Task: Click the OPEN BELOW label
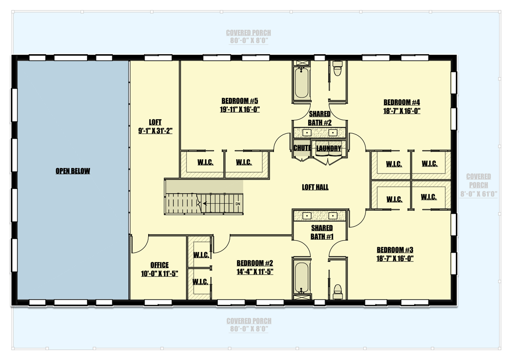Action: tap(73, 171)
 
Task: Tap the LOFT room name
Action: tap(155, 122)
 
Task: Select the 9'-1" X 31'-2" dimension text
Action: tap(155, 131)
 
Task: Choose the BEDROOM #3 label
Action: tap(395, 250)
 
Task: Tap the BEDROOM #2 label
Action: tap(255, 263)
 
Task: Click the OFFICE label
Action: tap(160, 265)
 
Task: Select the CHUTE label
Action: tap(302, 148)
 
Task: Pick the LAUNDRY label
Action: tap(329, 148)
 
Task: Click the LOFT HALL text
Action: tap(315, 187)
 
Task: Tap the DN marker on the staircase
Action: tap(238, 204)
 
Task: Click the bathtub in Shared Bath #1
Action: tap(301, 277)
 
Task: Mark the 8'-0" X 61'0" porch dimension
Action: tap(479, 194)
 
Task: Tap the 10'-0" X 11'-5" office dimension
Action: tap(160, 273)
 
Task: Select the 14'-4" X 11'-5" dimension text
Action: tap(255, 271)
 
